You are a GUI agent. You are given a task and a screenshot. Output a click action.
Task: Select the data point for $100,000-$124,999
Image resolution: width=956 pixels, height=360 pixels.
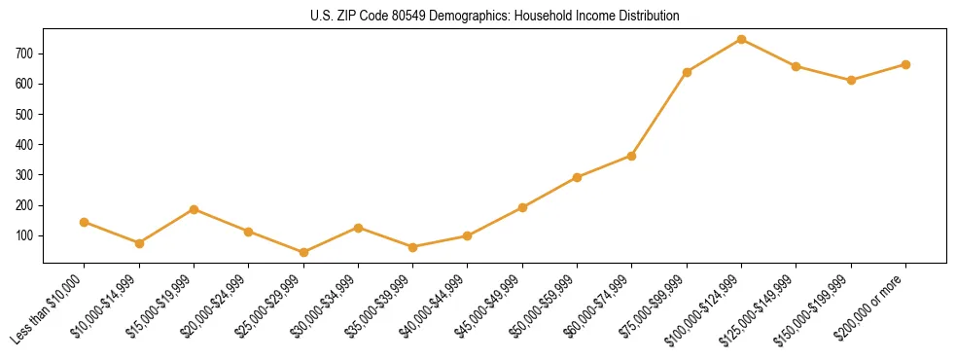742,39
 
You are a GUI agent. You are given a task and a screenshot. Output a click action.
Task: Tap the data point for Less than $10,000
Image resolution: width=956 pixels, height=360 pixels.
85,222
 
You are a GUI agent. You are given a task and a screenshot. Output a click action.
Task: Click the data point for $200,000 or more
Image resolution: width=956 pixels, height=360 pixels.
905,64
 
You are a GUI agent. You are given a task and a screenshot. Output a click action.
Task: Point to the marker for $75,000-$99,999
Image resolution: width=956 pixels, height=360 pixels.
687,72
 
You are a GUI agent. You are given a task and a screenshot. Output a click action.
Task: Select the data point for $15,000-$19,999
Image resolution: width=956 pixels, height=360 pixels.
194,209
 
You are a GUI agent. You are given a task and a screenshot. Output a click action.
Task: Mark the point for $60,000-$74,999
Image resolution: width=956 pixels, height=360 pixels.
632,156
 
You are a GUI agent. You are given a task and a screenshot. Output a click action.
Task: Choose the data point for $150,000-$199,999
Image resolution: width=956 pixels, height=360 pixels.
851,80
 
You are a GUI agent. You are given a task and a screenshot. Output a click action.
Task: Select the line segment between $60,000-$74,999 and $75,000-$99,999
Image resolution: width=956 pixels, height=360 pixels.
659,114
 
